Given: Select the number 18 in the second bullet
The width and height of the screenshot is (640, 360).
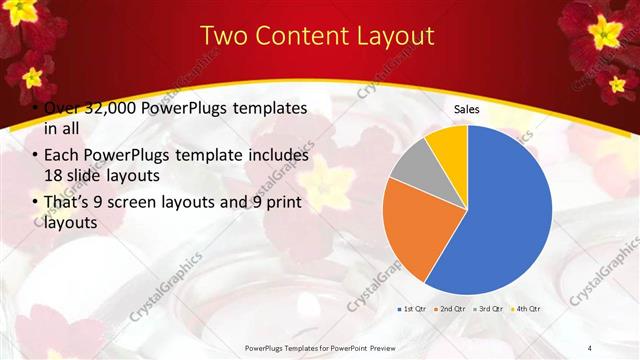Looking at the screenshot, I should pos(53,176).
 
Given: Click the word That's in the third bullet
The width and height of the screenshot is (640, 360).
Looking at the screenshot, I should pos(68,203).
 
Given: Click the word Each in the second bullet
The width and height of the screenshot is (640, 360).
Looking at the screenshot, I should pos(62,156).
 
